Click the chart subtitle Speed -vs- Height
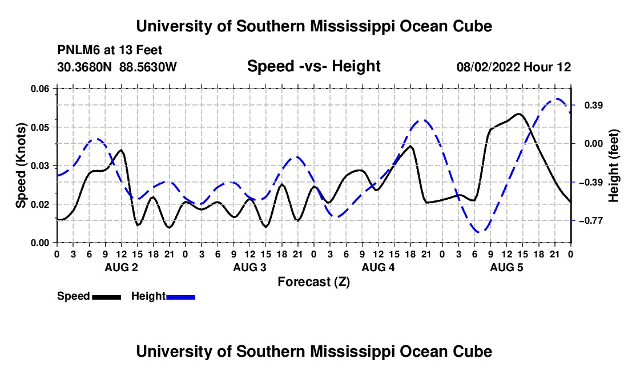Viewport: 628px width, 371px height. click(x=313, y=66)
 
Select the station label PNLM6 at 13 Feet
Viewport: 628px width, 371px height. click(x=110, y=50)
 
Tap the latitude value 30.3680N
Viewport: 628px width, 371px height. click(x=84, y=67)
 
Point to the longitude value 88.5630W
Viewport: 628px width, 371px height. click(x=148, y=67)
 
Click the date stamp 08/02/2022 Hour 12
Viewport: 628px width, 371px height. click(x=514, y=67)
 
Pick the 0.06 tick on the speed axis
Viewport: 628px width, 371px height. click(x=39, y=88)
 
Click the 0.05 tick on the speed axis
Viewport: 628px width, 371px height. click(x=39, y=127)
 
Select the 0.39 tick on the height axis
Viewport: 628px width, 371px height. click(x=594, y=105)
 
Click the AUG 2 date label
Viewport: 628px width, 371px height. click(x=122, y=267)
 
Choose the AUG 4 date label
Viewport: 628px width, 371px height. click(x=378, y=267)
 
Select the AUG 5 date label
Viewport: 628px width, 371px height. click(x=506, y=267)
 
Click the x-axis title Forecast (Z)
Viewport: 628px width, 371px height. click(x=313, y=282)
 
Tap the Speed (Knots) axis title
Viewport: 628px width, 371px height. click(x=21, y=166)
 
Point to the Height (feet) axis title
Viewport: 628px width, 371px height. click(x=614, y=166)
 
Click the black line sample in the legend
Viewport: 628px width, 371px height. click(x=107, y=297)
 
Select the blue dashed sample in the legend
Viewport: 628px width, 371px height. click(x=180, y=297)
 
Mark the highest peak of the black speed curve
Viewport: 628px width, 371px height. click(x=519, y=114)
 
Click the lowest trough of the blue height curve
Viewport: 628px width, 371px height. click(x=481, y=232)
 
